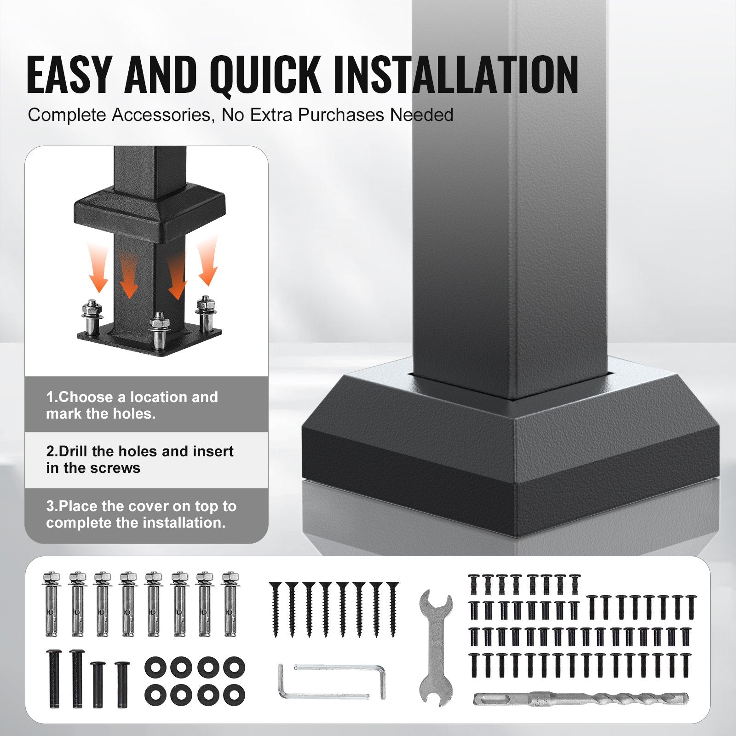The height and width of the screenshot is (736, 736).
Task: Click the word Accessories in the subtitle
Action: [163, 115]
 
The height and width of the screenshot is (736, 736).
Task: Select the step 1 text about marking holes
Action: [132, 405]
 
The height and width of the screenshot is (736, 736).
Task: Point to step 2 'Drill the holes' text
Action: [140, 460]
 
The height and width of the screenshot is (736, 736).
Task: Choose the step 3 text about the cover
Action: [141, 514]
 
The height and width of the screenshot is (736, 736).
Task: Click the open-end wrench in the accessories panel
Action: [436, 647]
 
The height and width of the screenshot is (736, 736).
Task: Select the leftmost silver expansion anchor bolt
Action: [52, 604]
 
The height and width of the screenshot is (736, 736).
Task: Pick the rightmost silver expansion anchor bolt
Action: [230, 604]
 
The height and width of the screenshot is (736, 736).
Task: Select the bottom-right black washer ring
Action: [234, 695]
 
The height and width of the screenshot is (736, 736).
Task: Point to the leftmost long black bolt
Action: [54, 678]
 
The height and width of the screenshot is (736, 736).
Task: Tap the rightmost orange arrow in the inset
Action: [207, 260]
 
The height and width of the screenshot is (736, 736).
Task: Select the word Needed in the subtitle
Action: [422, 115]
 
